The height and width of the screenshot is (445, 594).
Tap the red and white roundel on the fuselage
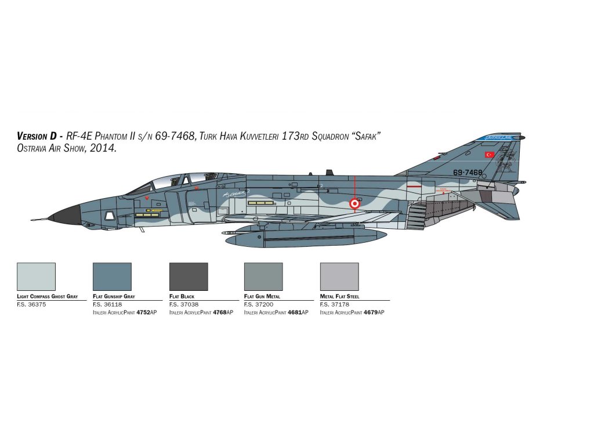pyautogui.click(x=354, y=203)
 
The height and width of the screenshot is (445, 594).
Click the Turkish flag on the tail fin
pyautogui.click(x=490, y=155)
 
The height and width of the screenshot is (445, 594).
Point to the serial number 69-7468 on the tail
pyautogui.click(x=468, y=172)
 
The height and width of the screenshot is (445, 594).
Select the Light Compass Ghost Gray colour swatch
pyautogui.click(x=36, y=276)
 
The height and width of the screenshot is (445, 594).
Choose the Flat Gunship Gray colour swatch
pyautogui.click(x=112, y=276)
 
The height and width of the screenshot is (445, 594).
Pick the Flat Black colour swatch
pyautogui.click(x=188, y=276)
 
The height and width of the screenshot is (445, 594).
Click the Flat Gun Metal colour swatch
pyautogui.click(x=263, y=276)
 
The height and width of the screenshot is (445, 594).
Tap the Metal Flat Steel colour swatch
pyautogui.click(x=339, y=276)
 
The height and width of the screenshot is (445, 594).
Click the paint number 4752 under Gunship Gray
pyautogui.click(x=143, y=312)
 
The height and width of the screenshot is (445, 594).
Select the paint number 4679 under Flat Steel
pyautogui.click(x=371, y=312)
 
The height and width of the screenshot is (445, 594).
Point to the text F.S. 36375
pyautogui.click(x=31, y=304)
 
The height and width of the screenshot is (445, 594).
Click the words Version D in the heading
pyautogui.click(x=37, y=136)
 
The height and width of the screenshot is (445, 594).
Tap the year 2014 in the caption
pyautogui.click(x=105, y=148)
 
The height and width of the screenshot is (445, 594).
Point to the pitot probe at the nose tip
pyautogui.click(x=38, y=219)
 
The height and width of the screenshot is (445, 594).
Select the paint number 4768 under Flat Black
pyautogui.click(x=219, y=312)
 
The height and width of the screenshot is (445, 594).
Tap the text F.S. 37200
pyautogui.click(x=259, y=304)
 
